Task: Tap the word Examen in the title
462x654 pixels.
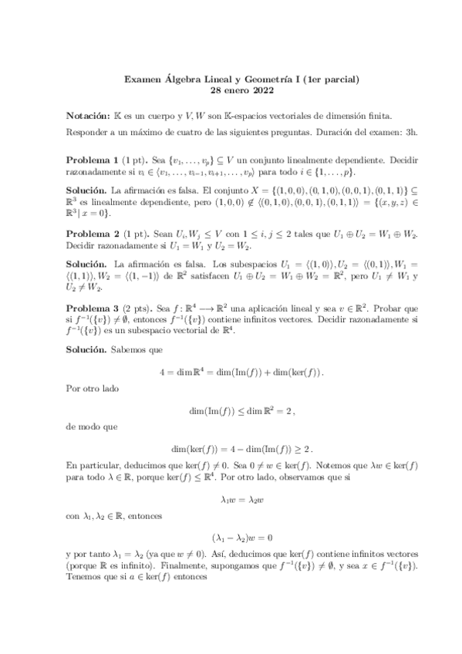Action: click(143, 78)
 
